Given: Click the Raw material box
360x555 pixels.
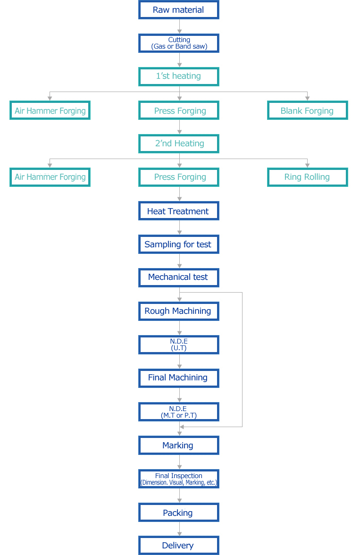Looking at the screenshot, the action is (x=179, y=9).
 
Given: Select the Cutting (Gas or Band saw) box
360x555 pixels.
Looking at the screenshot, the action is (x=179, y=43).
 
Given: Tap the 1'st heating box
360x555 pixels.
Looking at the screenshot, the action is (x=179, y=76).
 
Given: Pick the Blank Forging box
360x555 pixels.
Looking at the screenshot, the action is (x=308, y=110).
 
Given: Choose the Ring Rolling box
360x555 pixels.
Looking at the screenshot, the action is (x=308, y=177).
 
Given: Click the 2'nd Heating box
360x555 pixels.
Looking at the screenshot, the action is (x=179, y=143).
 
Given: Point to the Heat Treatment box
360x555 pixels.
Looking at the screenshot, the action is (x=179, y=211).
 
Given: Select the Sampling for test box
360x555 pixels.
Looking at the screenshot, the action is (x=179, y=244).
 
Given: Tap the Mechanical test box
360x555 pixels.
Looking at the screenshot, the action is (x=179, y=277).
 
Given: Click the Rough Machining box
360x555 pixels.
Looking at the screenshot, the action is (x=179, y=311).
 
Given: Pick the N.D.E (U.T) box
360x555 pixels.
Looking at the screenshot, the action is (x=179, y=345).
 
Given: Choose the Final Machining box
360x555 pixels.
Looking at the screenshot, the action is (x=179, y=378).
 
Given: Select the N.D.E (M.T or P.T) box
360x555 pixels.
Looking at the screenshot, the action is (x=179, y=412).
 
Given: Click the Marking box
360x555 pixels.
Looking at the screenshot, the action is (x=179, y=446).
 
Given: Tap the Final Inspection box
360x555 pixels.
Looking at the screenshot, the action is (x=179, y=479).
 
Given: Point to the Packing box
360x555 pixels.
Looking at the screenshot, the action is (x=179, y=512).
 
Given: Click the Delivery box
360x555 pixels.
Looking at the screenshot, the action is (x=179, y=546).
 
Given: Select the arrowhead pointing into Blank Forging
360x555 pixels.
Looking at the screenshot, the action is (x=307, y=98).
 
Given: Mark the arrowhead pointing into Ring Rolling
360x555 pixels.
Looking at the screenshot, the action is (x=307, y=165).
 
